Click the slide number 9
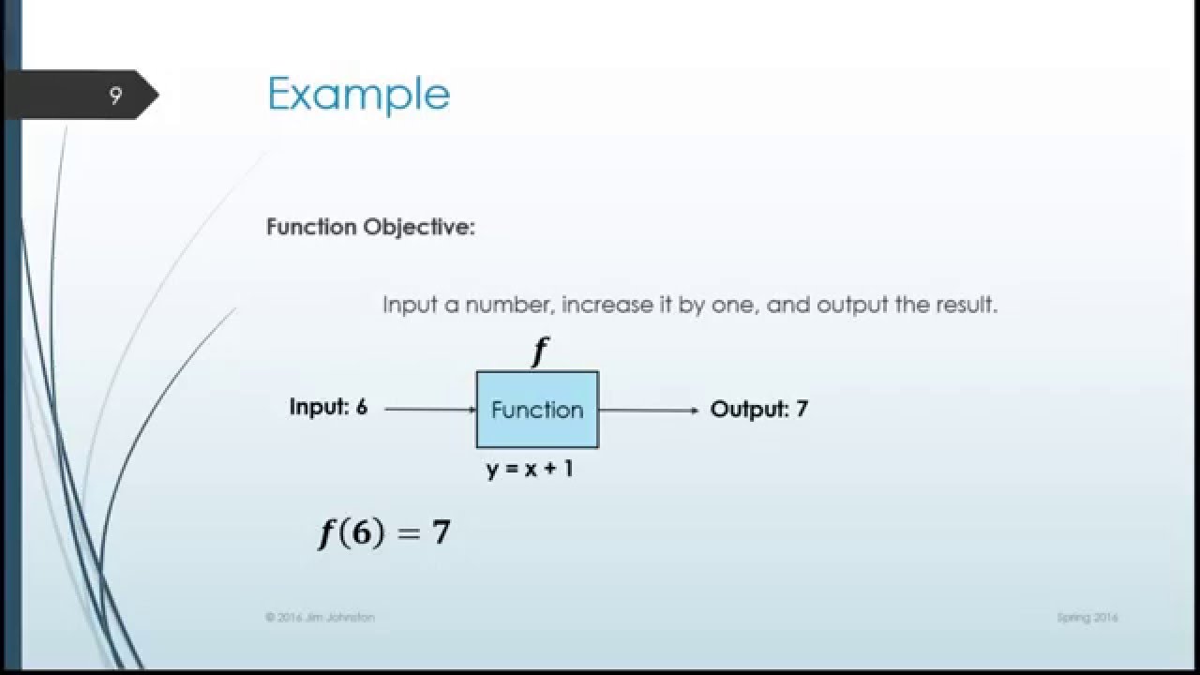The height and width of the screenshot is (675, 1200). click(115, 96)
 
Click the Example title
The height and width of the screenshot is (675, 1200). click(358, 95)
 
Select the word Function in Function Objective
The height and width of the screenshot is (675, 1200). click(311, 227)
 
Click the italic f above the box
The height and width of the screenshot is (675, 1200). click(539, 352)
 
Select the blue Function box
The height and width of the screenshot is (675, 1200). click(537, 410)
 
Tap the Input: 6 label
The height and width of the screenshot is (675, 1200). click(328, 408)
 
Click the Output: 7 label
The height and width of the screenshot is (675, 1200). click(758, 409)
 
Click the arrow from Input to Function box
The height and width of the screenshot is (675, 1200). click(430, 410)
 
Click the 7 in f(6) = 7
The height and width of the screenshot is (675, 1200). click(441, 532)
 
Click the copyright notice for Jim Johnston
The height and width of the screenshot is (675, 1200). click(320, 618)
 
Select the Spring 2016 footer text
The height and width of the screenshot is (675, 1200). click(1087, 618)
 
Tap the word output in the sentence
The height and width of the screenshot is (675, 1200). click(850, 306)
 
